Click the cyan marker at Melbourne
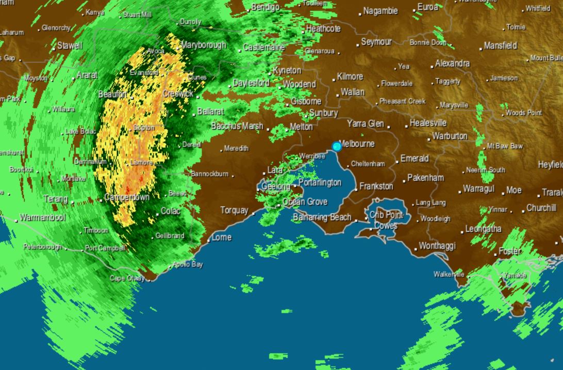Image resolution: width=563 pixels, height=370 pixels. (x=337, y=146)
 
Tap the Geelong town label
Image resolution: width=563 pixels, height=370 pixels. (x=276, y=187)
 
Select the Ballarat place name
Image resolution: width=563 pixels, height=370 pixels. (x=210, y=111)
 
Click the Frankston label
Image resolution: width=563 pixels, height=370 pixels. (x=376, y=186)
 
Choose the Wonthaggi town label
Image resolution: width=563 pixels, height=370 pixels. (x=437, y=246)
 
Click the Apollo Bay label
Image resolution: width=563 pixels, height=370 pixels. (x=188, y=265)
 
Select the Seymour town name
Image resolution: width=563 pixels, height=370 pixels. (x=376, y=42)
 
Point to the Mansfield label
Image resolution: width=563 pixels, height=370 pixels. (x=501, y=46)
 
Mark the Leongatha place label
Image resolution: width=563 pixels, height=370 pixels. (x=484, y=229)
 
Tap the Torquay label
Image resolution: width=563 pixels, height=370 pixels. (x=234, y=210)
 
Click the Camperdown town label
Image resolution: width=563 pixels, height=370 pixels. (x=127, y=198)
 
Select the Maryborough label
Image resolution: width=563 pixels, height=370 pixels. (x=203, y=45)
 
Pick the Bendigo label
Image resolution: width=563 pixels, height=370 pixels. (x=266, y=8)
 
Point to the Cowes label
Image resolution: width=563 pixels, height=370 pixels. (x=386, y=226)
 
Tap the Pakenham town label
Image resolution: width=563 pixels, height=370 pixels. (x=425, y=178)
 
